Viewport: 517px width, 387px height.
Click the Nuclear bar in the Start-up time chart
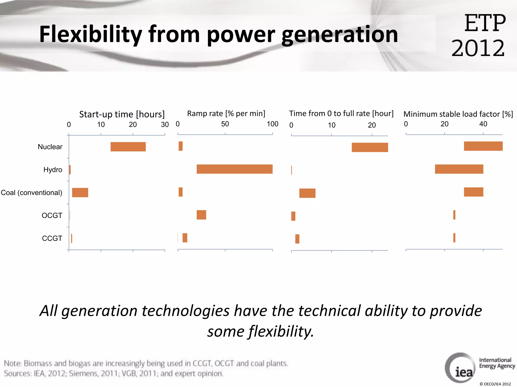128,147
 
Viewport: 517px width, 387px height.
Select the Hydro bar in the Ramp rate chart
235,169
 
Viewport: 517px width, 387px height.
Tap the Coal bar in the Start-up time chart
80,192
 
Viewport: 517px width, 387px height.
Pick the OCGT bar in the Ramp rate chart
201,215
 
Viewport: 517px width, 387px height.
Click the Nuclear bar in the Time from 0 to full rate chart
370,147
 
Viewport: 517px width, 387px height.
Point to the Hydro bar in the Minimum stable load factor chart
459,169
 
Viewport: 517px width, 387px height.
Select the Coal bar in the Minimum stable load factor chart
473,192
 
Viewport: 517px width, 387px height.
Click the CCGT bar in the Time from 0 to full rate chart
297,239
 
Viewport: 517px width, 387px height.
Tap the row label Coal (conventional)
32,193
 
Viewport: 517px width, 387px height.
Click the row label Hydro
53,170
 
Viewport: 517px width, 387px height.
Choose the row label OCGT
52,215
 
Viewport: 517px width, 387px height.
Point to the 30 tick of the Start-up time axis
165,124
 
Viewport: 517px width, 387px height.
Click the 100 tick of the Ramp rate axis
272,124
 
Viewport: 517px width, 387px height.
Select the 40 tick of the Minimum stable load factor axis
483,124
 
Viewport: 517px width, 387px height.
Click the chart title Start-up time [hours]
122,114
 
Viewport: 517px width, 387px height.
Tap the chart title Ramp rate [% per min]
226,114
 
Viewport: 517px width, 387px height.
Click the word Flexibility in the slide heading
90,35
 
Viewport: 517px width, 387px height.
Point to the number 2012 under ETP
478,48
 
